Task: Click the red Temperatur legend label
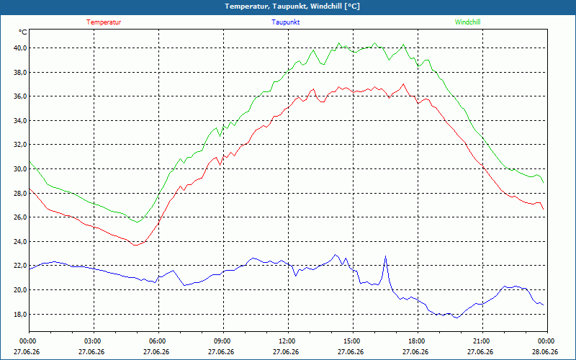coord(104,22)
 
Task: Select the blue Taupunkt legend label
coord(285,22)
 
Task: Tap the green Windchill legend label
coord(467,22)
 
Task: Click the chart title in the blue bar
coord(292,6)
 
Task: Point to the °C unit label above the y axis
coord(23,32)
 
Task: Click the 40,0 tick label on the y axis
coord(20,48)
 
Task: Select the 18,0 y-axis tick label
coord(20,314)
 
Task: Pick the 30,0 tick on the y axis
coord(20,169)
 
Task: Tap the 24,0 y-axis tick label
coord(20,241)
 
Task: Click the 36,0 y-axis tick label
coord(20,96)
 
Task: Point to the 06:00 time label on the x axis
coord(158,341)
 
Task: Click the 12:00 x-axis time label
coord(288,341)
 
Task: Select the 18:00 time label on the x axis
coord(418,341)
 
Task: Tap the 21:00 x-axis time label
coord(482,341)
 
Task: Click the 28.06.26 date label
coord(547,351)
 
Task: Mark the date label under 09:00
coord(223,351)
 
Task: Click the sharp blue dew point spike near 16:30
coord(385,256)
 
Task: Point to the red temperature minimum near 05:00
coord(135,245)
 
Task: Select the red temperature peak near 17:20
coord(403,84)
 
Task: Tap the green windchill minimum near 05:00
coord(138,222)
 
